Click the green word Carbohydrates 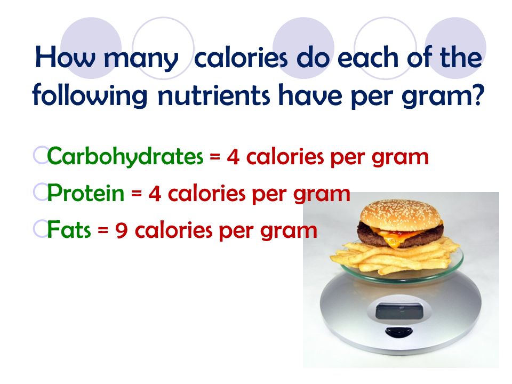(x=125, y=157)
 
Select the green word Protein (x=86, y=193)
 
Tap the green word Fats (x=69, y=229)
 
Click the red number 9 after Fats (x=121, y=230)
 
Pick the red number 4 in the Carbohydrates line (x=233, y=157)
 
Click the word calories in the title (x=241, y=58)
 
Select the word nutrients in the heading (x=214, y=95)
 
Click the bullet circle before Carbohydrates (x=41, y=155)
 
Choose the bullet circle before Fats (x=41, y=229)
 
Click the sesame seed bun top (x=401, y=215)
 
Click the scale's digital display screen (x=399, y=311)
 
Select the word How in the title (x=65, y=58)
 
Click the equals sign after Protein (x=137, y=195)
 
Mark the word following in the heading (x=90, y=95)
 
